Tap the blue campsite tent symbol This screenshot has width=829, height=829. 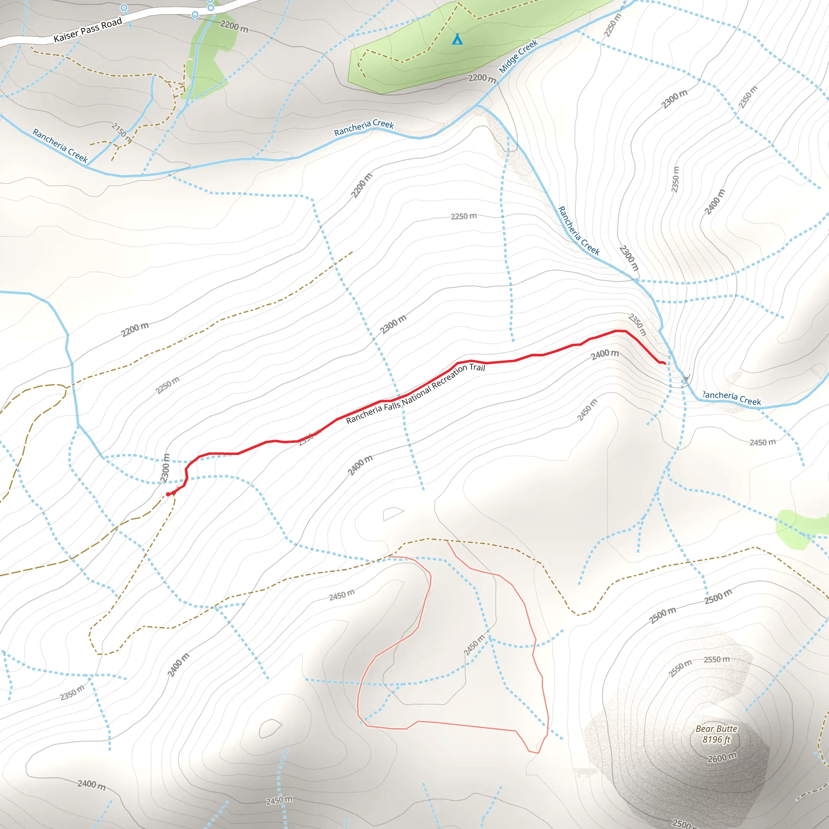pyautogui.click(x=457, y=40)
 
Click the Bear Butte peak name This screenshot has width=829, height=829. pyautogui.click(x=716, y=729)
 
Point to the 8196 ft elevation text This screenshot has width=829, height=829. pyautogui.click(x=716, y=739)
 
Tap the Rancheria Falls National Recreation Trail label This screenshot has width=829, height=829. pyautogui.click(x=415, y=393)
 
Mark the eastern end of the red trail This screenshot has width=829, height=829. pyautogui.click(x=665, y=363)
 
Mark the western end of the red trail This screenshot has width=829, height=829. pyautogui.click(x=168, y=494)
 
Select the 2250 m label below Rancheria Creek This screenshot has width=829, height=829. pyautogui.click(x=463, y=216)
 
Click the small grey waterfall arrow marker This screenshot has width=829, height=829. pyautogui.click(x=686, y=379)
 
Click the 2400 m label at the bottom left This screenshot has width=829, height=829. pyautogui.click(x=91, y=784)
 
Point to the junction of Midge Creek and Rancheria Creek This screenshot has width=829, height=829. pyautogui.click(x=478, y=105)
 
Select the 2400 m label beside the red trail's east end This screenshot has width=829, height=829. pyautogui.click(x=605, y=354)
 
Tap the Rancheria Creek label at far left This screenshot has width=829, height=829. pyautogui.click(x=60, y=146)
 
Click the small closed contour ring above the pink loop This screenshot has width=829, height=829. pyautogui.click(x=393, y=513)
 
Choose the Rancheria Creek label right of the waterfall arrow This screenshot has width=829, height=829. pyautogui.click(x=732, y=398)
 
